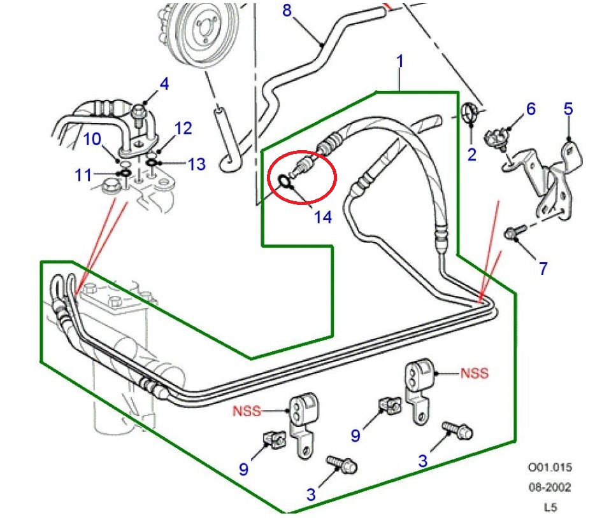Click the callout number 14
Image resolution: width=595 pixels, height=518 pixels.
point(322,217)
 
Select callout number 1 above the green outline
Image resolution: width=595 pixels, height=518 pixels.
point(400,61)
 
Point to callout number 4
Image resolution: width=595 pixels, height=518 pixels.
point(164,83)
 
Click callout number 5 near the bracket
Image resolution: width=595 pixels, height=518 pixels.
point(568,109)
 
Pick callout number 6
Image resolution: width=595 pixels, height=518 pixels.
point(531,109)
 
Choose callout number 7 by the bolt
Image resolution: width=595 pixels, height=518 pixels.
point(543,269)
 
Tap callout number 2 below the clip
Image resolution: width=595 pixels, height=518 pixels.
point(471,154)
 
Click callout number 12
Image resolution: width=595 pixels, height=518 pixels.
point(183,129)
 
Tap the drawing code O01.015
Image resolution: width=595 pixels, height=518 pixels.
point(549,468)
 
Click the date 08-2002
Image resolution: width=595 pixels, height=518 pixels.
point(549,487)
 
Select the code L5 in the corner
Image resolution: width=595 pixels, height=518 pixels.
point(549,507)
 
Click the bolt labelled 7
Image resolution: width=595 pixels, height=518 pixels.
point(515,232)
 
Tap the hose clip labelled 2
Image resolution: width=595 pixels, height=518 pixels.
point(470,113)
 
